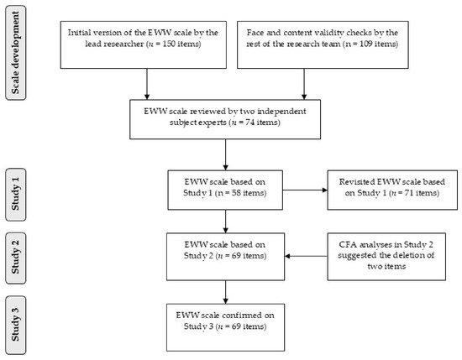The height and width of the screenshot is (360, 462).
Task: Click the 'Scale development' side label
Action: coord(16,53)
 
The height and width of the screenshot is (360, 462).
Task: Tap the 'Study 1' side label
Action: coord(16,195)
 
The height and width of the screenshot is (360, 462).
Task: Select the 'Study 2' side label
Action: coord(16,258)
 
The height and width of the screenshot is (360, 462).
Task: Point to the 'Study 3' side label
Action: coord(16,325)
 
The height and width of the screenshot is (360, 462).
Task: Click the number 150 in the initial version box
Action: coord(169,44)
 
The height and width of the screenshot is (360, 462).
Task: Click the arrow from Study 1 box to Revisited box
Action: coord(305,190)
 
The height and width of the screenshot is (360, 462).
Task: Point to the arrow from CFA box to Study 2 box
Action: coord(306,256)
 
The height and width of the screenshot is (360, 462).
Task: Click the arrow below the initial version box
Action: coord(147,84)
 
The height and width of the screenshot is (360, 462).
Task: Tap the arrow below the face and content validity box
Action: coord(304,84)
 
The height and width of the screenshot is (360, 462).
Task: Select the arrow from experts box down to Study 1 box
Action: coord(225,154)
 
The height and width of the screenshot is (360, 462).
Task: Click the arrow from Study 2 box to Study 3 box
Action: coord(225,292)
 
